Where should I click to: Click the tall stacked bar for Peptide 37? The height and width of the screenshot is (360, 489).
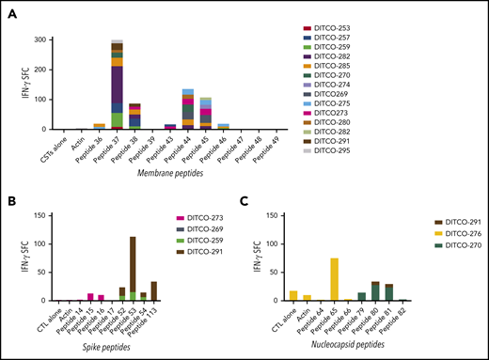tap(118, 85)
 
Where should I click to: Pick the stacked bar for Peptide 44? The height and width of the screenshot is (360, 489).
tap(187, 109)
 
